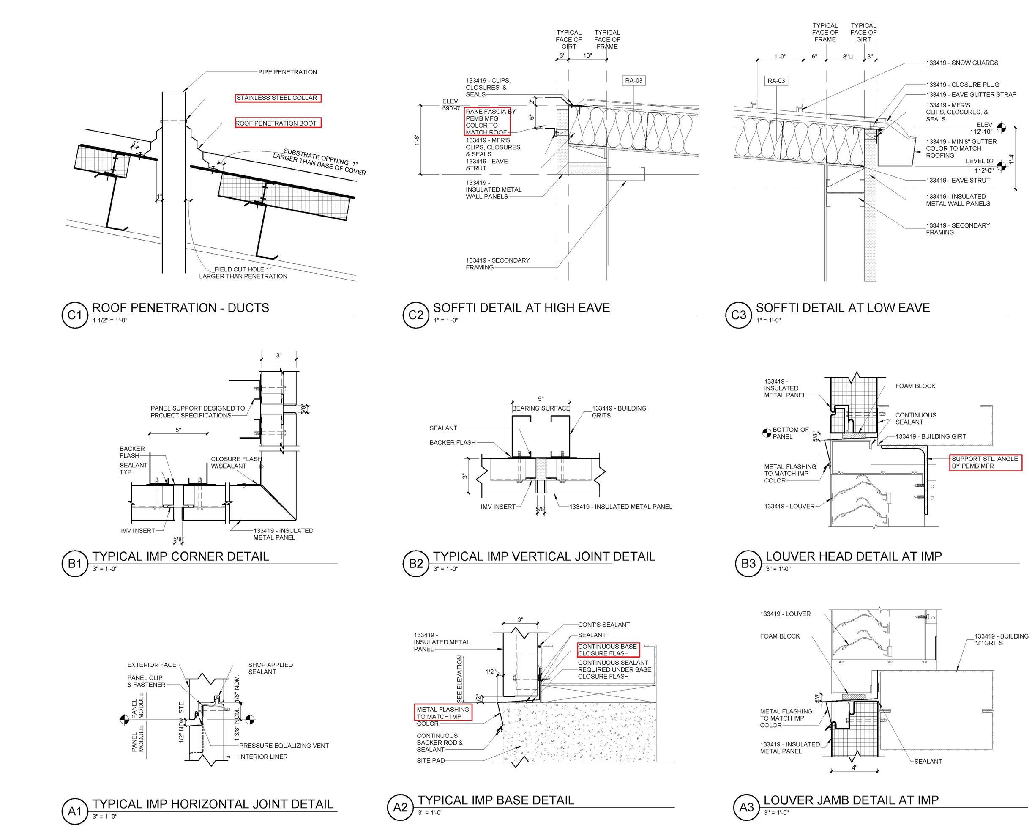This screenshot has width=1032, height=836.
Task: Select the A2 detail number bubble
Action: click(400, 807)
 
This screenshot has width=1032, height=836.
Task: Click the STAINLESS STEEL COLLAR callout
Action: click(277, 98)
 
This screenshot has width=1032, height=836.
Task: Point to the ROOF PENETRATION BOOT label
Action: click(277, 123)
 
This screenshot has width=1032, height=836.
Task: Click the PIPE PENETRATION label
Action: click(287, 72)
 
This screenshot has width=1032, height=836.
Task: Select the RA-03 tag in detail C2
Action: click(633, 81)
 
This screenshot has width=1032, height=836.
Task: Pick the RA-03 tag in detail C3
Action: click(776, 81)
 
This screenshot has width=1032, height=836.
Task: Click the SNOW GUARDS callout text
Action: click(962, 63)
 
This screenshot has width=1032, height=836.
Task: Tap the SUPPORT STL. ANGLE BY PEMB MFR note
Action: click(985, 462)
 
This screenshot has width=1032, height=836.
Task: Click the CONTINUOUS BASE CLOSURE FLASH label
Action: click(607, 650)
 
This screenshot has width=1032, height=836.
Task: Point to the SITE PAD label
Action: click(431, 760)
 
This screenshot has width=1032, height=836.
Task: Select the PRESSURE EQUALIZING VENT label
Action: click(284, 746)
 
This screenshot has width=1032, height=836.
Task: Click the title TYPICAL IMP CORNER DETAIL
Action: click(180, 556)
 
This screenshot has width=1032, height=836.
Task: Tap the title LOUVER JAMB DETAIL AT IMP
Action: click(851, 800)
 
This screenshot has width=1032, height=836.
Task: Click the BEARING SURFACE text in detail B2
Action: click(541, 408)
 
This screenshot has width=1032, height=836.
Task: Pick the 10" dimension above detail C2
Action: click(588, 56)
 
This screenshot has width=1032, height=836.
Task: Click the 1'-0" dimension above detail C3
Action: click(780, 57)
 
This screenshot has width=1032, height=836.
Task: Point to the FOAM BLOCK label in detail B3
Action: click(915, 386)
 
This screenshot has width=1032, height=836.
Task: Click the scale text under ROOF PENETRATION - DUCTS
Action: click(110, 320)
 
